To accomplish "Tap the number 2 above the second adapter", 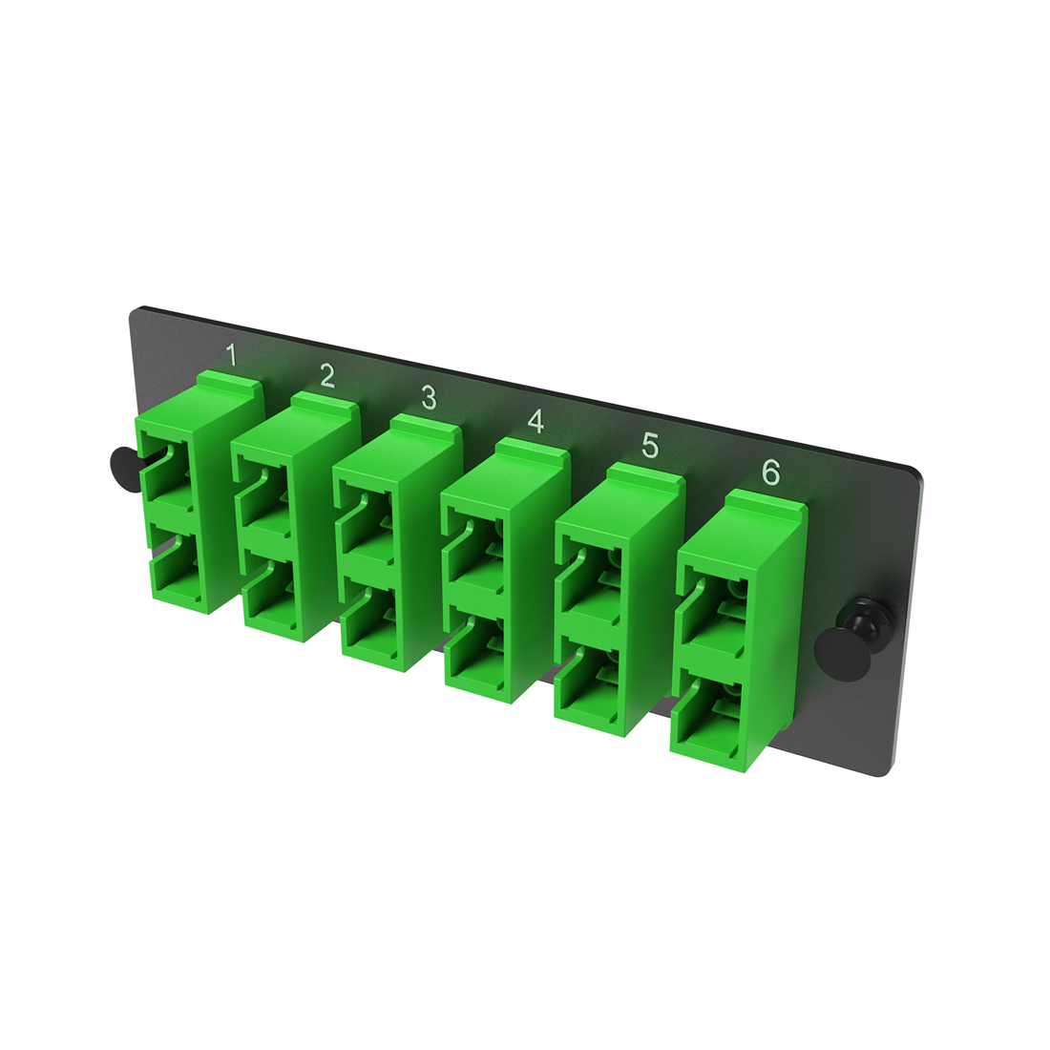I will coord(327,375).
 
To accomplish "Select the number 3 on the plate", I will coord(430,397).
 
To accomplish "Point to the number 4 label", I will coord(536,420).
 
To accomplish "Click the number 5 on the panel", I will coord(650,445).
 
